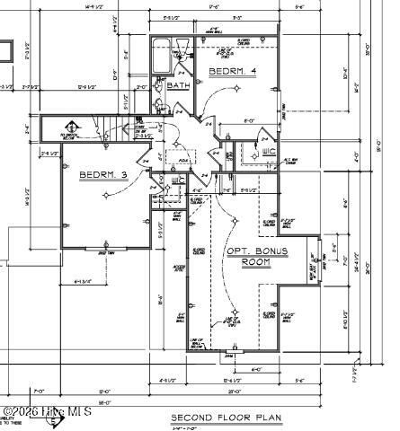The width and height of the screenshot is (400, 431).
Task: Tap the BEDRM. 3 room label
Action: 102,174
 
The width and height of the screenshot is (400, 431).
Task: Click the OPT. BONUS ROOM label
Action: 256,256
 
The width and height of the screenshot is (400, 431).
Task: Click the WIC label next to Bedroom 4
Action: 269,151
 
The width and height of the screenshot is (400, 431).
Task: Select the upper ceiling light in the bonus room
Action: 236,216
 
